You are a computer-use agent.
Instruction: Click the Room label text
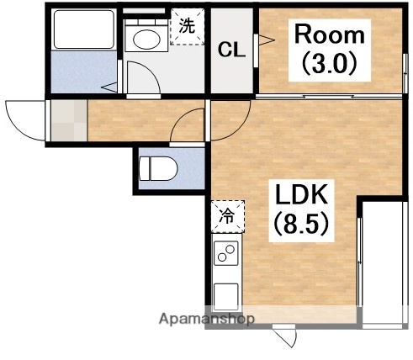pyautogui.click(x=330, y=34)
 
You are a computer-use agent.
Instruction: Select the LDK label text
pyautogui.click(x=301, y=194)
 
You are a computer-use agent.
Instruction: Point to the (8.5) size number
pyautogui.click(x=301, y=223)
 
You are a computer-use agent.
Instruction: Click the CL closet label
pyautogui.click(x=232, y=50)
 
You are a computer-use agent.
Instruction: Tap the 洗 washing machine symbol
pyautogui.click(x=188, y=26)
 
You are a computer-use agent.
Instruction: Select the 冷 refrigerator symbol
pyautogui.click(x=228, y=216)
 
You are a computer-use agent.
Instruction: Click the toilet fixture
pyautogui.click(x=158, y=168)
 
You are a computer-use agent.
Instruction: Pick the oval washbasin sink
pyautogui.click(x=146, y=40)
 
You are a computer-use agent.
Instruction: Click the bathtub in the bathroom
pyautogui.click(x=84, y=29)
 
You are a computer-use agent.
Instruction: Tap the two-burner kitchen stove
pyautogui.click(x=226, y=253)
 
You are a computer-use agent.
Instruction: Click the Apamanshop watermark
pyautogui.click(x=207, y=319)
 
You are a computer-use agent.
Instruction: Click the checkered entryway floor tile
pyautogui.click(x=69, y=120)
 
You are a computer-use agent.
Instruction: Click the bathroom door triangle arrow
pyautogui.click(x=109, y=87)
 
